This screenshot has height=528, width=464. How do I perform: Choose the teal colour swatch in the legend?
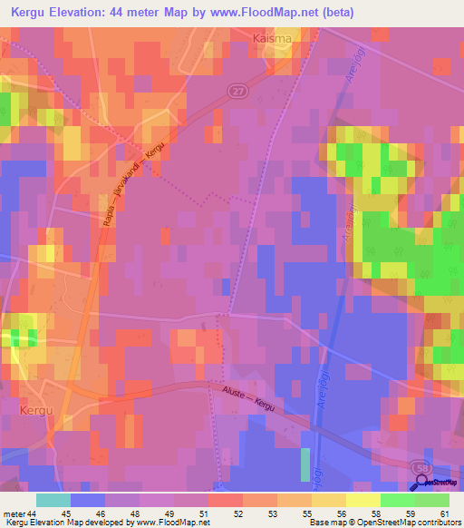(53, 500)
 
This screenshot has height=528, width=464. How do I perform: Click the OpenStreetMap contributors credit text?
(409, 523)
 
